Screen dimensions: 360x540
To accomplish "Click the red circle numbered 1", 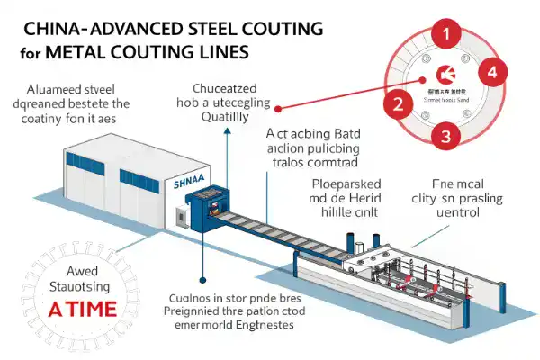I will (443, 33).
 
